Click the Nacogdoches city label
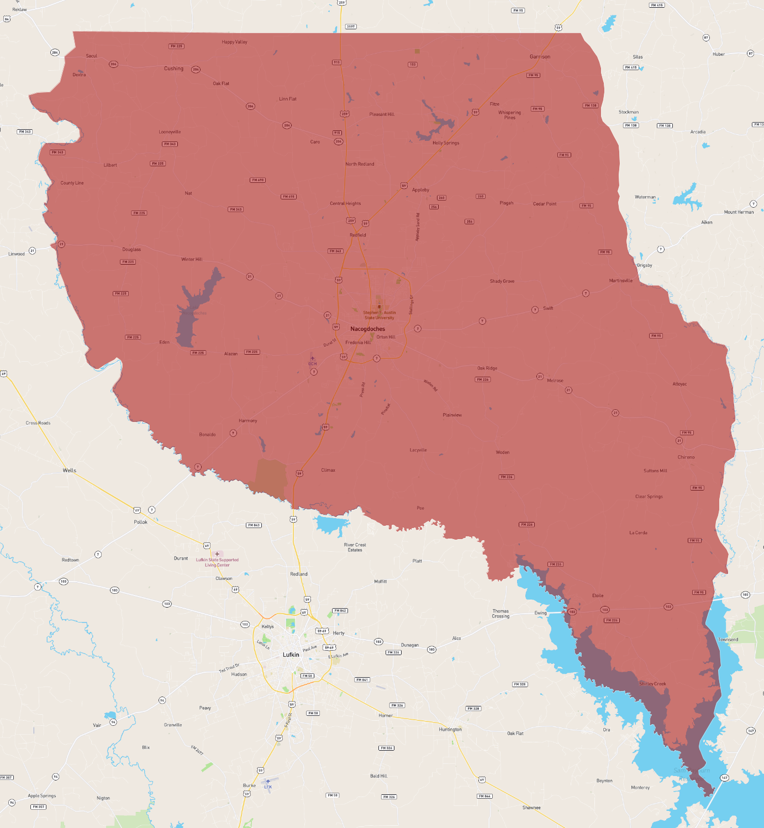[x=367, y=329]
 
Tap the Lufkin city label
[x=291, y=655]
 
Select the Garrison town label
[x=540, y=56]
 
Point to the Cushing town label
[x=173, y=68]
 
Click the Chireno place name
[x=686, y=457]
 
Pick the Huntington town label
[x=450, y=729]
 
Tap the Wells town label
[x=70, y=471]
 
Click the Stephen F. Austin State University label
[x=380, y=315]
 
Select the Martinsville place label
[x=621, y=281]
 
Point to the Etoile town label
[x=598, y=595]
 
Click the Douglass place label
[x=131, y=250]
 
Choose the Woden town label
[x=503, y=452]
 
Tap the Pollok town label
[x=141, y=522]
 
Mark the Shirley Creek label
[x=652, y=684]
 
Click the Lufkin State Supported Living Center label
[x=217, y=562]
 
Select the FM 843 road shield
[x=254, y=525]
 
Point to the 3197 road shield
[x=351, y=27]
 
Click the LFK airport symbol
[x=268, y=782]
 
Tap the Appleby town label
[x=420, y=190]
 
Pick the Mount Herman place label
[x=739, y=212]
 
